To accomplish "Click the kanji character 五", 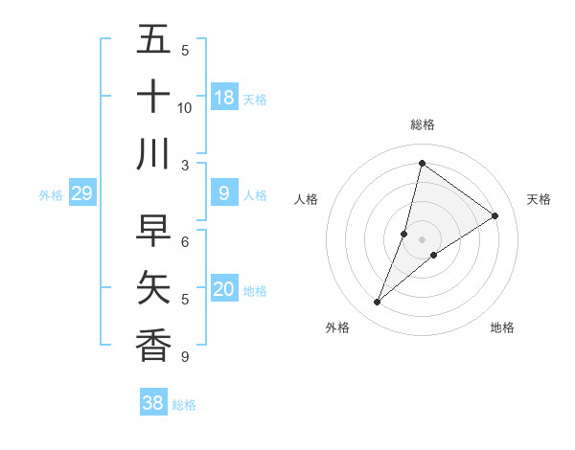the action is [153, 41].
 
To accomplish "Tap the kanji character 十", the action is [153, 97].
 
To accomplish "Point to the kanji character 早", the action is [153, 231].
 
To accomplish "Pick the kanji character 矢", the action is [153, 287].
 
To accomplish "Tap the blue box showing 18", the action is [224, 98].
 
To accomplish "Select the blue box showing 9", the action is [224, 194].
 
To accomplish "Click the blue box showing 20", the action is [224, 289].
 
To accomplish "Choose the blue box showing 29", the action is [81, 194].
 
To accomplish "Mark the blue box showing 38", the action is [153, 403].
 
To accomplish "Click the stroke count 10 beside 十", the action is [185, 107].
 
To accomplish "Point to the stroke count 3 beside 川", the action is [185, 165].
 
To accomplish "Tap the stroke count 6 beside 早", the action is [185, 241].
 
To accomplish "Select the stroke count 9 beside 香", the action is [185, 356].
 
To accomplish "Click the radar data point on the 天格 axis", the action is [495, 216].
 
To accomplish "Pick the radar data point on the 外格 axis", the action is [378, 303].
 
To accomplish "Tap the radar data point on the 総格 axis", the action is [422, 164].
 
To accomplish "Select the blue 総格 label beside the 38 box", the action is [184, 405].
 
